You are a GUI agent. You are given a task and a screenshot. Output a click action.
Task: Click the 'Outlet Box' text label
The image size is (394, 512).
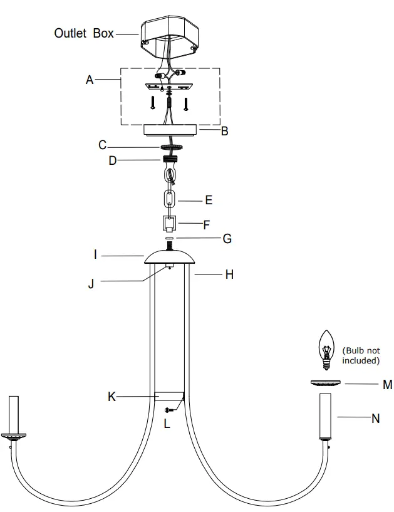pyautogui.click(x=84, y=33)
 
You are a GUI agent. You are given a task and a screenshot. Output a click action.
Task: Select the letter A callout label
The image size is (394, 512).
pyautogui.click(x=90, y=80)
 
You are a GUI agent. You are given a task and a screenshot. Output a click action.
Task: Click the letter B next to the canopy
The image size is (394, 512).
pyautogui.click(x=224, y=132)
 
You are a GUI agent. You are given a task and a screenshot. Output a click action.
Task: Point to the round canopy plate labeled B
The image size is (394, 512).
pyautogui.click(x=171, y=130)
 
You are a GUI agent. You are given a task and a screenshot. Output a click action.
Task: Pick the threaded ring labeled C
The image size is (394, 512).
pyautogui.click(x=171, y=147)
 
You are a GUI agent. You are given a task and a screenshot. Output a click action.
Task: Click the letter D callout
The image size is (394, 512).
pyautogui.click(x=112, y=160)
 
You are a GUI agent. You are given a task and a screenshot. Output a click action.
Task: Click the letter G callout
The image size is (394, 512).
pyautogui.click(x=227, y=239)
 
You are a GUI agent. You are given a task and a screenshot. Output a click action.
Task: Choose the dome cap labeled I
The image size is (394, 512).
pyautogui.click(x=170, y=258)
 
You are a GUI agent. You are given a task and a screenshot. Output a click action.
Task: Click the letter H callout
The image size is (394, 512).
pyautogui.click(x=229, y=274)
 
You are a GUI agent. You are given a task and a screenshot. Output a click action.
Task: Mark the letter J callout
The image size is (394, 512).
pyautogui.click(x=91, y=283)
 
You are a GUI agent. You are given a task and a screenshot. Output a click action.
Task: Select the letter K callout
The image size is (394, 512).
pyautogui.click(x=111, y=397)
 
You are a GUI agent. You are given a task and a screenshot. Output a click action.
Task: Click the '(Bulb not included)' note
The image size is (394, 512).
pyautogui.click(x=361, y=355)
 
